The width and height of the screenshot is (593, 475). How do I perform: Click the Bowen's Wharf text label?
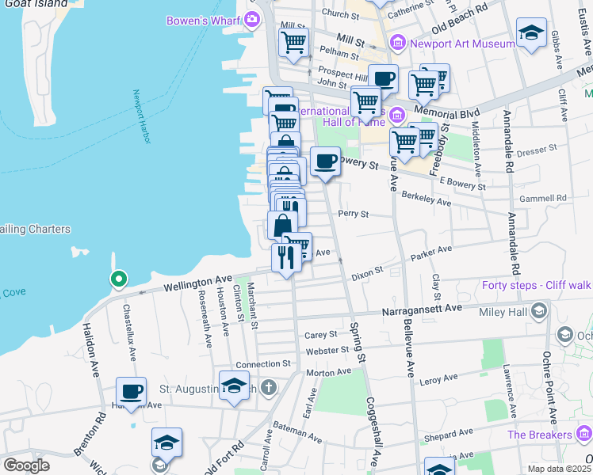click(204, 20)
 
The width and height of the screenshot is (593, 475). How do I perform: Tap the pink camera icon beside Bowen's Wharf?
click(253, 19)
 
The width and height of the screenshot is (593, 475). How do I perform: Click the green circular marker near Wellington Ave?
click(118, 279)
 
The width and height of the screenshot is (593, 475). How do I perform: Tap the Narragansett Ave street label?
click(423, 310)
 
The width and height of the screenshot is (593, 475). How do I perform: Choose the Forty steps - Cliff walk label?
click(537, 285)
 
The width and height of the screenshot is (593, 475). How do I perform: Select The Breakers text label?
click(539, 435)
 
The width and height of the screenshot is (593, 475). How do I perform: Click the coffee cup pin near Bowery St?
click(325, 162)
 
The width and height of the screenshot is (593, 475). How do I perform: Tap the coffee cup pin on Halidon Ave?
click(132, 391)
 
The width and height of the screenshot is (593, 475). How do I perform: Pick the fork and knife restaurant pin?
click(285, 256)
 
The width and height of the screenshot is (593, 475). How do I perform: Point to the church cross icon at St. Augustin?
click(269, 387)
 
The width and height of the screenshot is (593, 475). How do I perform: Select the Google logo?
click(26, 465)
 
